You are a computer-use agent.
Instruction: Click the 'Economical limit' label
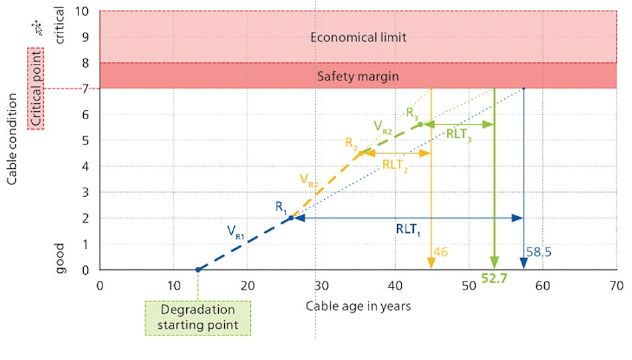coord(358,37)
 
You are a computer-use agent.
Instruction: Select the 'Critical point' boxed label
coord(35,88)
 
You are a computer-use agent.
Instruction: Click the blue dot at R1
coord(290,218)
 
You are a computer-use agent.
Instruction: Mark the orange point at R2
coord(361,153)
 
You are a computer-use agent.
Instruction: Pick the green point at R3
coord(420,124)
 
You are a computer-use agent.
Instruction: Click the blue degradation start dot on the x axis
coord(198,270)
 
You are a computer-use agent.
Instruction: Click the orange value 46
coord(440,252)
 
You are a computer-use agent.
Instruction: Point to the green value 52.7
coord(494,279)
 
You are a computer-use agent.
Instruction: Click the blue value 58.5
coord(540,253)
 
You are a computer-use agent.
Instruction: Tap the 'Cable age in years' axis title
coord(358,306)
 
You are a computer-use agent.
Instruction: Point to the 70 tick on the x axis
coord(615,286)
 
